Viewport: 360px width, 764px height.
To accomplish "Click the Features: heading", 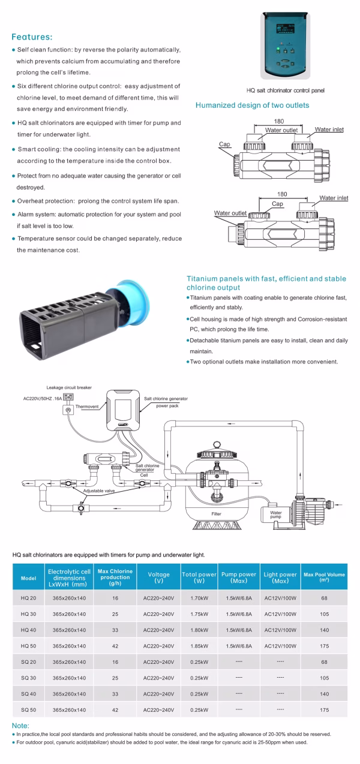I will (x=32, y=36).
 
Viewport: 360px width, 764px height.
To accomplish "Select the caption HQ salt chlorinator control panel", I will (x=286, y=91).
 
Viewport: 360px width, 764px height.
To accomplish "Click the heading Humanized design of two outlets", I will (x=253, y=106).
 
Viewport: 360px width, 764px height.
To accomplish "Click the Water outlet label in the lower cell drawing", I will (x=230, y=213).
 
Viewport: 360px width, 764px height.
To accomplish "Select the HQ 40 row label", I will (x=28, y=630).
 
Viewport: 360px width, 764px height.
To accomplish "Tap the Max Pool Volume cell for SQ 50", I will (x=324, y=710).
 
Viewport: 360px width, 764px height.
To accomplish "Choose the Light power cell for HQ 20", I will (x=280, y=598).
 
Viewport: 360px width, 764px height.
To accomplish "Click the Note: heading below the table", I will (x=20, y=726).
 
